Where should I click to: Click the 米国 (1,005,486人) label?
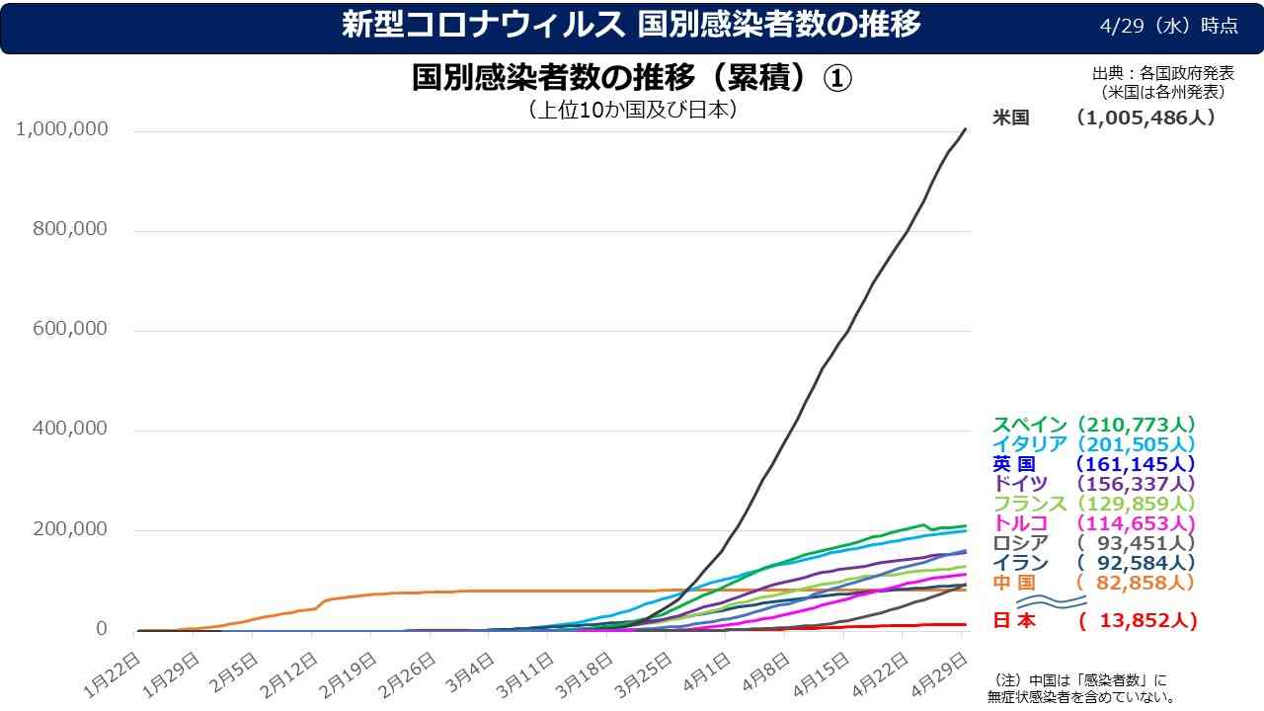[1103, 118]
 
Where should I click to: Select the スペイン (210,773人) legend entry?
[1094, 425]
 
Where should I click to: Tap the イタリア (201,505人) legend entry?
[1094, 444]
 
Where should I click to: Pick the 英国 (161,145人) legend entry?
[1094, 464]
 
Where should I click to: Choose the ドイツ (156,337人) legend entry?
[1094, 484]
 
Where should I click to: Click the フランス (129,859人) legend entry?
[1094, 504]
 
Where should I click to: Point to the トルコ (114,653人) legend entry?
[1094, 523]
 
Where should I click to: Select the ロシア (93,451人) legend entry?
[1094, 543]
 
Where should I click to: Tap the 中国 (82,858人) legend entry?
[1094, 583]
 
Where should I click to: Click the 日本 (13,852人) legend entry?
[1094, 621]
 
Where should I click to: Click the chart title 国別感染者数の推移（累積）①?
[632, 79]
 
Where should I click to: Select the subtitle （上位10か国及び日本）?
[633, 110]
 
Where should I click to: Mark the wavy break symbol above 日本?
[1050, 601]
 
